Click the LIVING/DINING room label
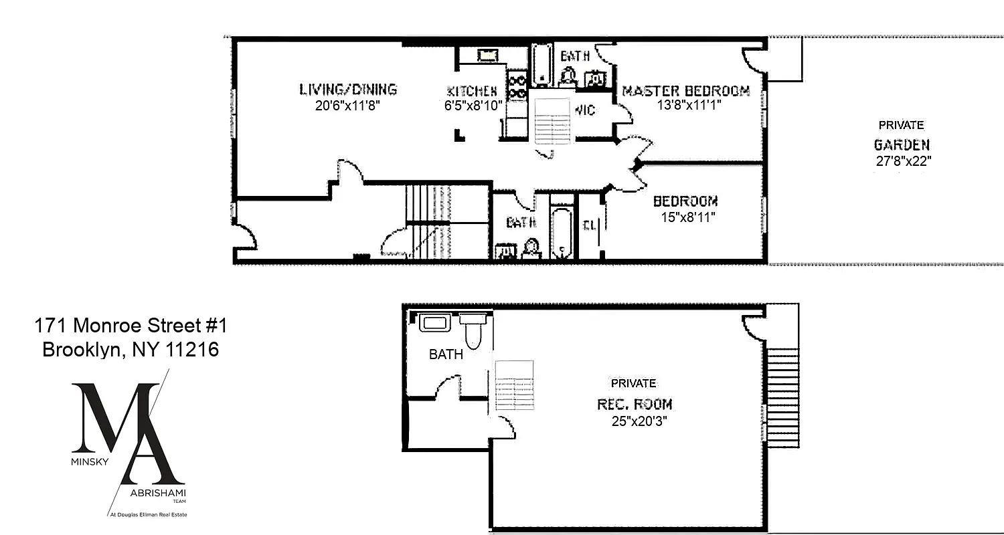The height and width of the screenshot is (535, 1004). click(347, 90)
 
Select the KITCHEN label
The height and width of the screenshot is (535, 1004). click(472, 91)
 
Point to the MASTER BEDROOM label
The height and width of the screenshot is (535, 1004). click(686, 91)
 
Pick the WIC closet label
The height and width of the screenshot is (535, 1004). click(584, 110)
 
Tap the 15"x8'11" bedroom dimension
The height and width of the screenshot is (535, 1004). click(685, 217)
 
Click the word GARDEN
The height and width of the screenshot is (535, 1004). click(902, 145)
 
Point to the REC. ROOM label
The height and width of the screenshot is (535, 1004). click(635, 405)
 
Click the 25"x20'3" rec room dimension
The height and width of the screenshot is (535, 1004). click(639, 421)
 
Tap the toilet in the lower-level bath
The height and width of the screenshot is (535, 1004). click(473, 332)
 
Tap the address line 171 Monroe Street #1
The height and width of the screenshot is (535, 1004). click(131, 326)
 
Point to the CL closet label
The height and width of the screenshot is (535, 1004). click(589, 226)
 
